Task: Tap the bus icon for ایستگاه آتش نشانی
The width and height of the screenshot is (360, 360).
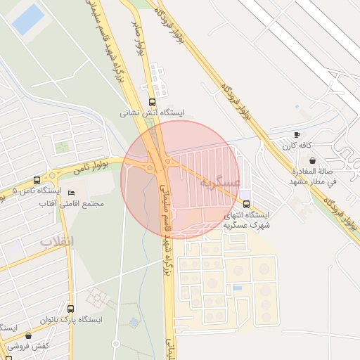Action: (x=153, y=101)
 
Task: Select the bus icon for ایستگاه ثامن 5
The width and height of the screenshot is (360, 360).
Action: (x=37, y=180)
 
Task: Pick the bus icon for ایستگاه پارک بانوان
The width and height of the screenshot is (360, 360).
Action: (x=70, y=308)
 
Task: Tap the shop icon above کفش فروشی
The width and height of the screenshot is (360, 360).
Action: (x=28, y=336)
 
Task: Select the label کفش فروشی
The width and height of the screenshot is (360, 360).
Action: (x=28, y=347)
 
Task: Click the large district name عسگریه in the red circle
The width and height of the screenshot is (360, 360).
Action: (x=220, y=182)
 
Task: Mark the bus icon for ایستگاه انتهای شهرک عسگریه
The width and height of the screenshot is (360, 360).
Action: (x=245, y=204)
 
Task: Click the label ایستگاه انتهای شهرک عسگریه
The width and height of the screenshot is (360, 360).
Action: (x=246, y=221)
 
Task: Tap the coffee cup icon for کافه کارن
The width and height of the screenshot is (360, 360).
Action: (x=297, y=134)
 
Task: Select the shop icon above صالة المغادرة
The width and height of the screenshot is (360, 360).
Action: (x=312, y=160)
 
